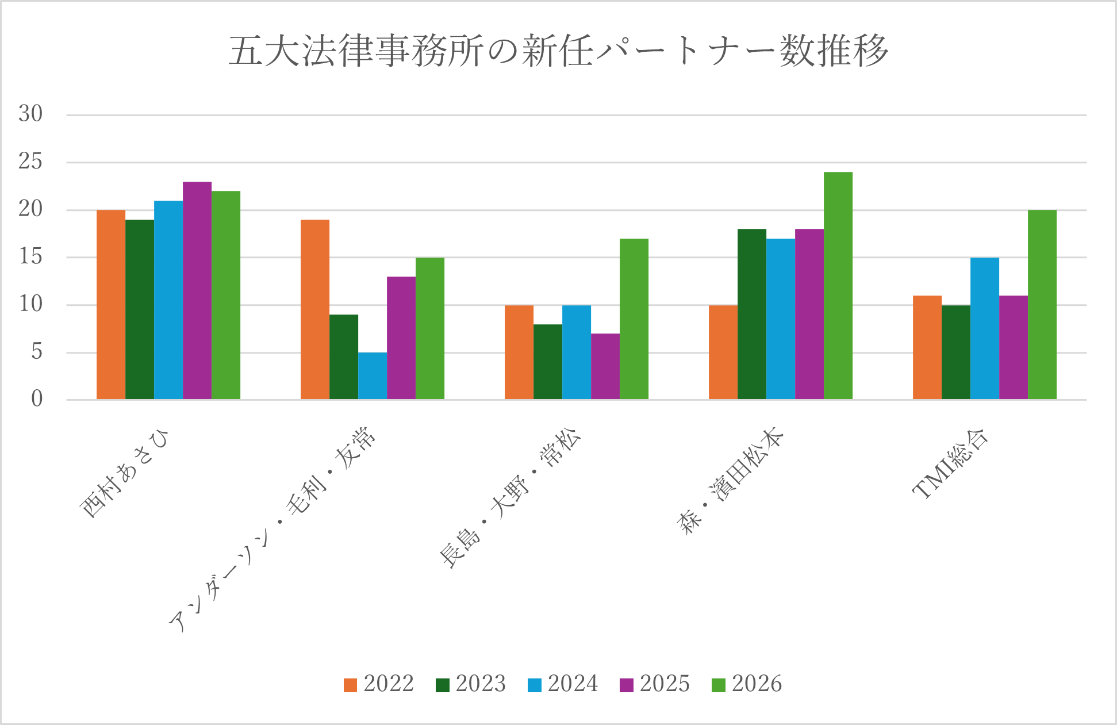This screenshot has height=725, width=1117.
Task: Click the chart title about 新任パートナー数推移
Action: click(558, 51)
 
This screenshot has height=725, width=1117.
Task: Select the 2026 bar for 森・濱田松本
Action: click(838, 286)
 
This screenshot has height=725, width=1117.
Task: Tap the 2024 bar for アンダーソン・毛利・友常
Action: click(373, 376)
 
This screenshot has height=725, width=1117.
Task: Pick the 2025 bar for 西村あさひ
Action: click(197, 290)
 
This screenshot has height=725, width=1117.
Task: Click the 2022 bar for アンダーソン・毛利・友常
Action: click(315, 309)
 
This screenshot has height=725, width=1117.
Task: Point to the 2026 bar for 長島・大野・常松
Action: click(634, 319)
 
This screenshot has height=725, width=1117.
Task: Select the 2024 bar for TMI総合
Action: click(984, 328)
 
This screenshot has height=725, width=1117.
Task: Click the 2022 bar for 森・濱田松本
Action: click(723, 352)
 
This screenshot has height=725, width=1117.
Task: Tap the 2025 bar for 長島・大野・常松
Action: click(605, 366)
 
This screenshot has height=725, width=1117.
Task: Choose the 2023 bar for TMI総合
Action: click(955, 352)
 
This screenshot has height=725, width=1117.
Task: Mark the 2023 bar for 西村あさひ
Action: click(140, 309)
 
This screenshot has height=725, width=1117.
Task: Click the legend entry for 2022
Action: click(379, 684)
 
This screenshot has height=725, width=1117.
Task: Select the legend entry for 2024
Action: click(563, 684)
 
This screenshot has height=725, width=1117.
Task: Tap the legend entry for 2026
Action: click(747, 684)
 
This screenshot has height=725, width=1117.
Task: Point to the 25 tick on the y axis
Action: click(31, 162)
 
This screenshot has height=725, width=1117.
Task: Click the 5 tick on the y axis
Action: click(37, 352)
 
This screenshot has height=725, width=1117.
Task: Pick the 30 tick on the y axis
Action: click(31, 114)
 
